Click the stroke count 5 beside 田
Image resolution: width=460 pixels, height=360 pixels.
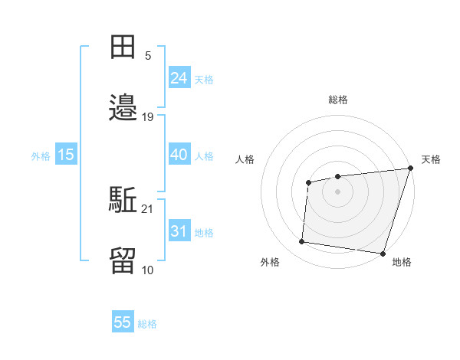click(x=148, y=56)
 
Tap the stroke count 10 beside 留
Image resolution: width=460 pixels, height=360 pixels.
click(x=148, y=270)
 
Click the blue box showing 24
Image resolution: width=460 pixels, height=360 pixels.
click(x=179, y=78)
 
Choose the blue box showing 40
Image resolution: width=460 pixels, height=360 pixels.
click(x=179, y=155)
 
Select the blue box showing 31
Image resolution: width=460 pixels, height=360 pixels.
click(x=179, y=231)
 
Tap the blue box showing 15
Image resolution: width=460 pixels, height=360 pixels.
click(x=66, y=155)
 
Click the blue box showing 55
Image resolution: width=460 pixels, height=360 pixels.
click(x=123, y=322)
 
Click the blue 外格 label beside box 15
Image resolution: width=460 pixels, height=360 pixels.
click(x=41, y=156)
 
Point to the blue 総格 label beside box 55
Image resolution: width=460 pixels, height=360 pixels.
click(x=147, y=324)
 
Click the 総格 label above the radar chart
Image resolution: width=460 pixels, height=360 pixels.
click(x=338, y=100)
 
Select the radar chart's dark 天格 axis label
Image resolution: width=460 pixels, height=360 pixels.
click(x=431, y=159)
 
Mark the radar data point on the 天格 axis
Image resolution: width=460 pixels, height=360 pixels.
click(x=410, y=169)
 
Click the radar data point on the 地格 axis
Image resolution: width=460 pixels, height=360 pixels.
click(x=383, y=254)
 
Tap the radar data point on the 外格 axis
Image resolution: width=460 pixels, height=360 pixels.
click(x=301, y=242)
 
